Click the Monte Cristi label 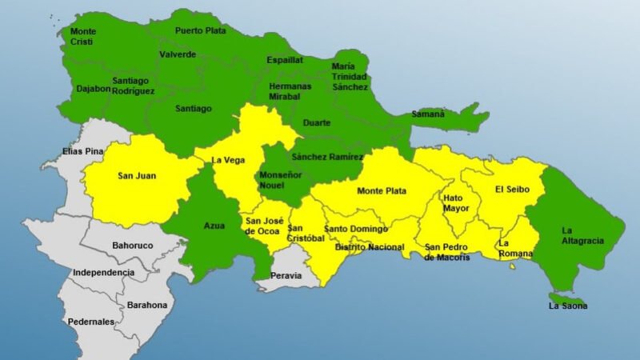(83, 37)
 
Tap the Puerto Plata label (201, 32)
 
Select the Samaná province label (428, 114)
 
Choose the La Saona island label (567, 306)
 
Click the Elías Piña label (83, 151)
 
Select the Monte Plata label (382, 190)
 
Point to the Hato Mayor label (453, 202)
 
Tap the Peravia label (286, 276)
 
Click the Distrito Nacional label (369, 247)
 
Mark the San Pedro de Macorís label (447, 252)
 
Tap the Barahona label (148, 305)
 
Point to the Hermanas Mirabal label (290, 91)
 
